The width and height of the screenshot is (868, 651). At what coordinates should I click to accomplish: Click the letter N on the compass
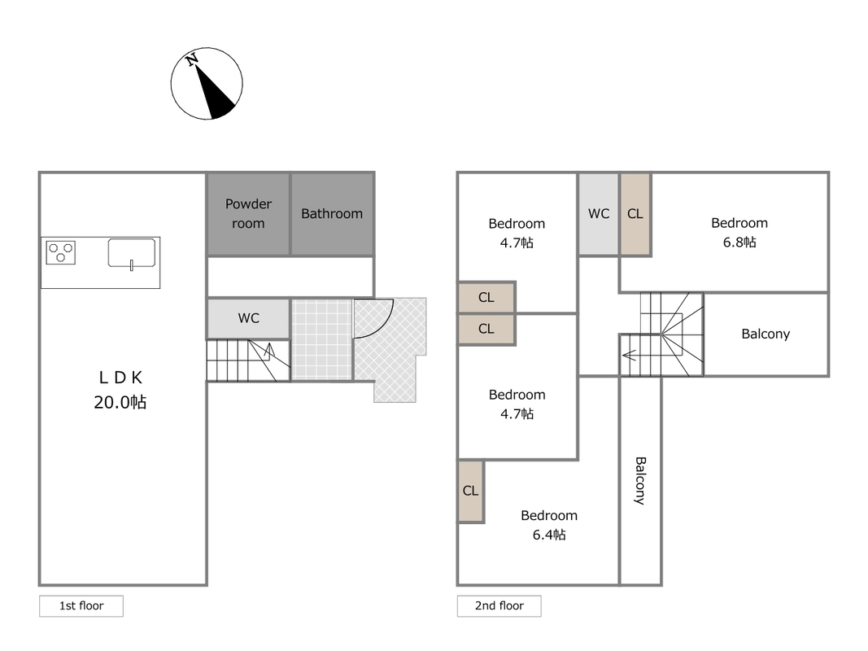click(192, 59)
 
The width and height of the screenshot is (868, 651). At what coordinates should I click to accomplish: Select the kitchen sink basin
click(131, 253)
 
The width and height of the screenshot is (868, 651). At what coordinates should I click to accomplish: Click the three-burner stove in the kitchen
click(61, 253)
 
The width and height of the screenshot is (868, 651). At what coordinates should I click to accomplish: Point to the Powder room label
click(249, 214)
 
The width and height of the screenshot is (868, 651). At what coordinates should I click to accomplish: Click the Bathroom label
click(332, 214)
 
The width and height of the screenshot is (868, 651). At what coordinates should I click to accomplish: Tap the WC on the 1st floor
click(249, 318)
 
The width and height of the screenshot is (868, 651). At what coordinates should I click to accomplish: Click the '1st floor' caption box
click(81, 605)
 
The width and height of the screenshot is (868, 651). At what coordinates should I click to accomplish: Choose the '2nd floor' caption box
click(499, 605)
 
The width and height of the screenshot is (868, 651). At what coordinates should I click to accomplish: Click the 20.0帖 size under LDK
click(120, 402)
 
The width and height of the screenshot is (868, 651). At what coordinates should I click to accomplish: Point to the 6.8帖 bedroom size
click(739, 242)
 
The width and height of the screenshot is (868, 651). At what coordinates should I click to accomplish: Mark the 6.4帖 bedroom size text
click(549, 534)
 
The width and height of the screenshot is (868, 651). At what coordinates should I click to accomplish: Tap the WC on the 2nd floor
click(599, 214)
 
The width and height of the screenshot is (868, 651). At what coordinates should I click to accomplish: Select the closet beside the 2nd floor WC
click(635, 214)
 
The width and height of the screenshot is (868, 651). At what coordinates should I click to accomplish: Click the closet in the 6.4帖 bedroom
click(471, 491)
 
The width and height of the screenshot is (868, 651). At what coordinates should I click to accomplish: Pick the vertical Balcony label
click(640, 480)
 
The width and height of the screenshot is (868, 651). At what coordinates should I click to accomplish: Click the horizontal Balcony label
click(765, 334)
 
